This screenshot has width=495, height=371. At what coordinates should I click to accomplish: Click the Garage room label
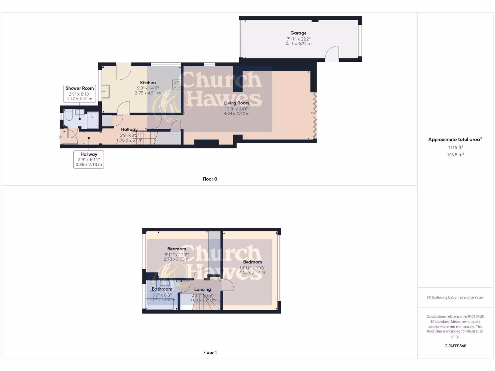coord(298,33)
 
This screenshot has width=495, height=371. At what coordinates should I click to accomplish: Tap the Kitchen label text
coord(147,83)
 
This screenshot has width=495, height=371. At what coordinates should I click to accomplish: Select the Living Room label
coord(236,103)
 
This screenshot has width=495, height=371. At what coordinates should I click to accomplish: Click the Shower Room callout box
coord(80,93)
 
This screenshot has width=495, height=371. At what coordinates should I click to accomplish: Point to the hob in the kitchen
coord(176,85)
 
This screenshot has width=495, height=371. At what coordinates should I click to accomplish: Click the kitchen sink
coord(105,92)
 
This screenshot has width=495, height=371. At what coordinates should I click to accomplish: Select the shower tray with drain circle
coord(93,118)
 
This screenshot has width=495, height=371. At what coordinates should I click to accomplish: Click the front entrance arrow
coord(60,137)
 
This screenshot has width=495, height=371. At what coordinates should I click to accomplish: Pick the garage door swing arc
coord(332,54)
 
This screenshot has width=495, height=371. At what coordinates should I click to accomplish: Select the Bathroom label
coord(162,289)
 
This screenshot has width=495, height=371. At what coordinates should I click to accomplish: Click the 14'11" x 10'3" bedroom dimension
coord(252,267)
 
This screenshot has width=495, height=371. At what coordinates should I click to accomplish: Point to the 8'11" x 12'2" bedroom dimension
coord(176,254)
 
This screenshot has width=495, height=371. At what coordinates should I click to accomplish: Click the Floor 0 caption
coord(210,179)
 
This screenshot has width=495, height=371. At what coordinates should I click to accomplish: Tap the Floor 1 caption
coord(210,352)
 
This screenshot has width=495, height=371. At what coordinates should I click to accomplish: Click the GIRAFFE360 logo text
coord(455,346)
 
